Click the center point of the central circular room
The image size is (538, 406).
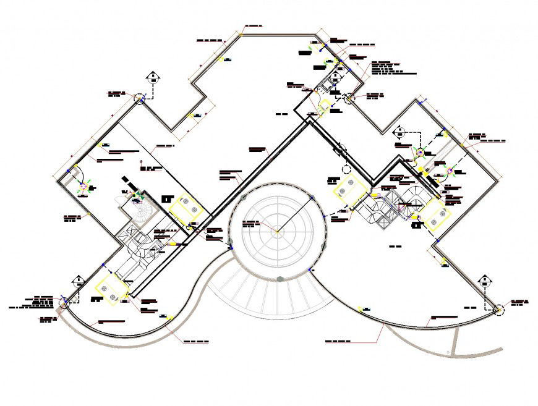276,232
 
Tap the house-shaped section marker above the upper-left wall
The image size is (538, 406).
152,77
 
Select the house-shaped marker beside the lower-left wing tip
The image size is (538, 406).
79,281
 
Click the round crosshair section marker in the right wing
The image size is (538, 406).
421,153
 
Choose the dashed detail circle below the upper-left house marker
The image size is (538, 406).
142,99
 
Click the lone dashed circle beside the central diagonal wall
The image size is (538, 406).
346,169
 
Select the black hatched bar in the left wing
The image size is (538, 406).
130,184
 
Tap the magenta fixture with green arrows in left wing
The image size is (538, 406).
83,187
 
